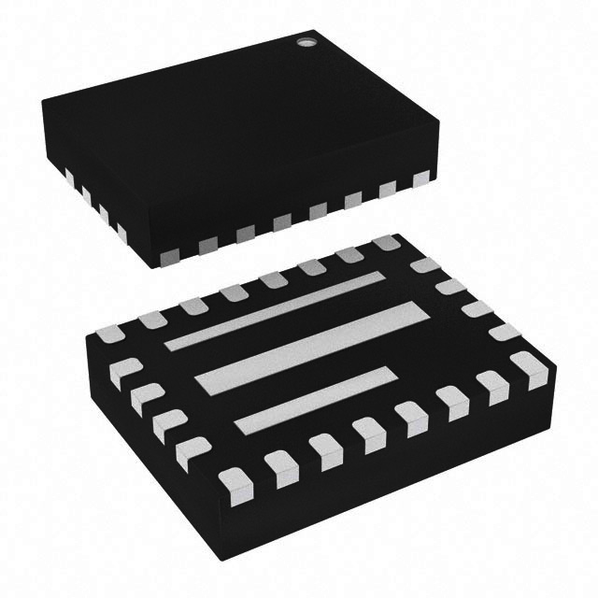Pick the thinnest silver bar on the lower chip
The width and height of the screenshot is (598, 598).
pyautogui.click(x=276, y=310)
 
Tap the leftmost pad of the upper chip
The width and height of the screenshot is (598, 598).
pyautogui.click(x=70, y=174)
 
